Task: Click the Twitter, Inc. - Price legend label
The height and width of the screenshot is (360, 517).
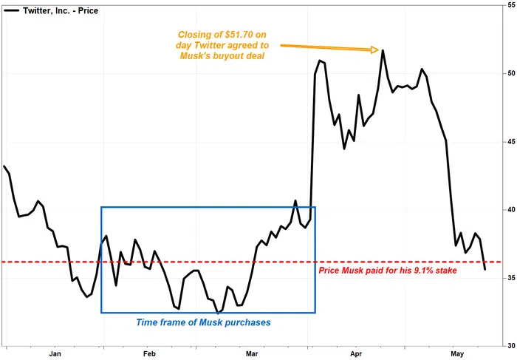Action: (x=61, y=11)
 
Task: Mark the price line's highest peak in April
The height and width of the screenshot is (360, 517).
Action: (x=383, y=50)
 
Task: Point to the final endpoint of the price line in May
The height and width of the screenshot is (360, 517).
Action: (x=485, y=269)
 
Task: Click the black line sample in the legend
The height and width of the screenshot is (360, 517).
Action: (x=13, y=11)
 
